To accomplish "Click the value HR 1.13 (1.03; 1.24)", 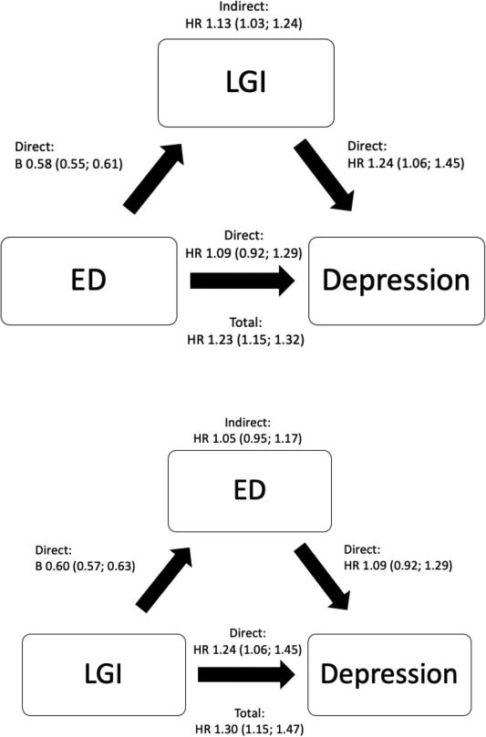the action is click(243, 23).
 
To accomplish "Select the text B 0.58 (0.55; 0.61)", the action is click(68, 164).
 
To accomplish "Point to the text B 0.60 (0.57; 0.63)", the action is click(85, 566).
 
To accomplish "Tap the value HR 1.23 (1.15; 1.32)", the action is click(245, 339).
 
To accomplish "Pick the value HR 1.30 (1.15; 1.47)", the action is click(249, 729).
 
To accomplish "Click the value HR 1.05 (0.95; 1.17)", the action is click(247, 438).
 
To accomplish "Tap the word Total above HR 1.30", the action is click(249, 713).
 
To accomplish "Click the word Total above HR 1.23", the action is click(245, 322).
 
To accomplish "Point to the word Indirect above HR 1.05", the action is click(248, 423).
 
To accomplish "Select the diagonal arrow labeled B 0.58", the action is click(153, 179).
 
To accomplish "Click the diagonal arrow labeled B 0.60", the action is click(163, 579).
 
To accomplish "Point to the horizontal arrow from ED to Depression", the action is click(243, 281).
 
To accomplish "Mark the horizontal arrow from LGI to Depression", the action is click(246, 674).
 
